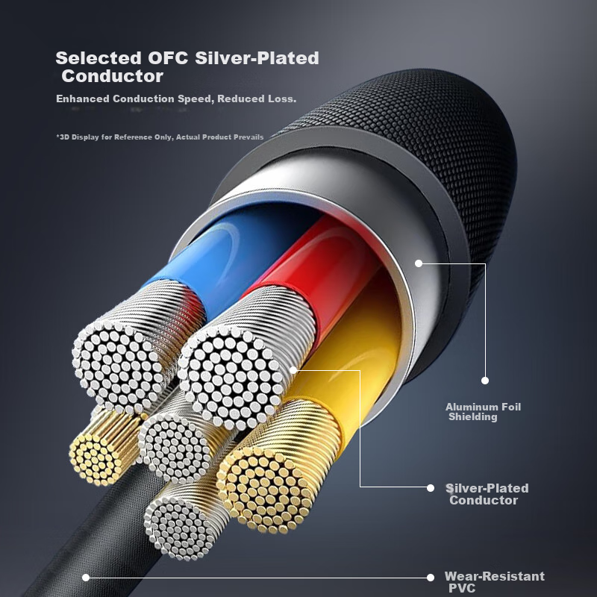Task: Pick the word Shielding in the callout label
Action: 472,417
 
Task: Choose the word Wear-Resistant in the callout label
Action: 494,576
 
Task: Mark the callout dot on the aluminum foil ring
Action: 419,263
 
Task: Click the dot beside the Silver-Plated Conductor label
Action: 431,487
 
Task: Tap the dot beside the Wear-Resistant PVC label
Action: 431,577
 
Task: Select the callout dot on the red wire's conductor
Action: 293,369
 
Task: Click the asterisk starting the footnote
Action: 58,137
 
